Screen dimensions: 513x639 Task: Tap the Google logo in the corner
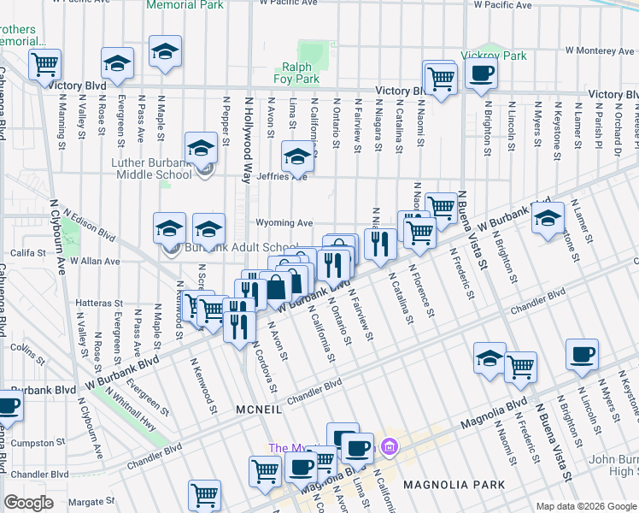pos(28,503)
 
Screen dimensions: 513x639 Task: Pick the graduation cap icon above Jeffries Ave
pos(297,156)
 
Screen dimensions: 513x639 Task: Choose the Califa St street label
pos(26,252)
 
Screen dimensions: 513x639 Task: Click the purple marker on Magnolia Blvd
pos(390,446)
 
